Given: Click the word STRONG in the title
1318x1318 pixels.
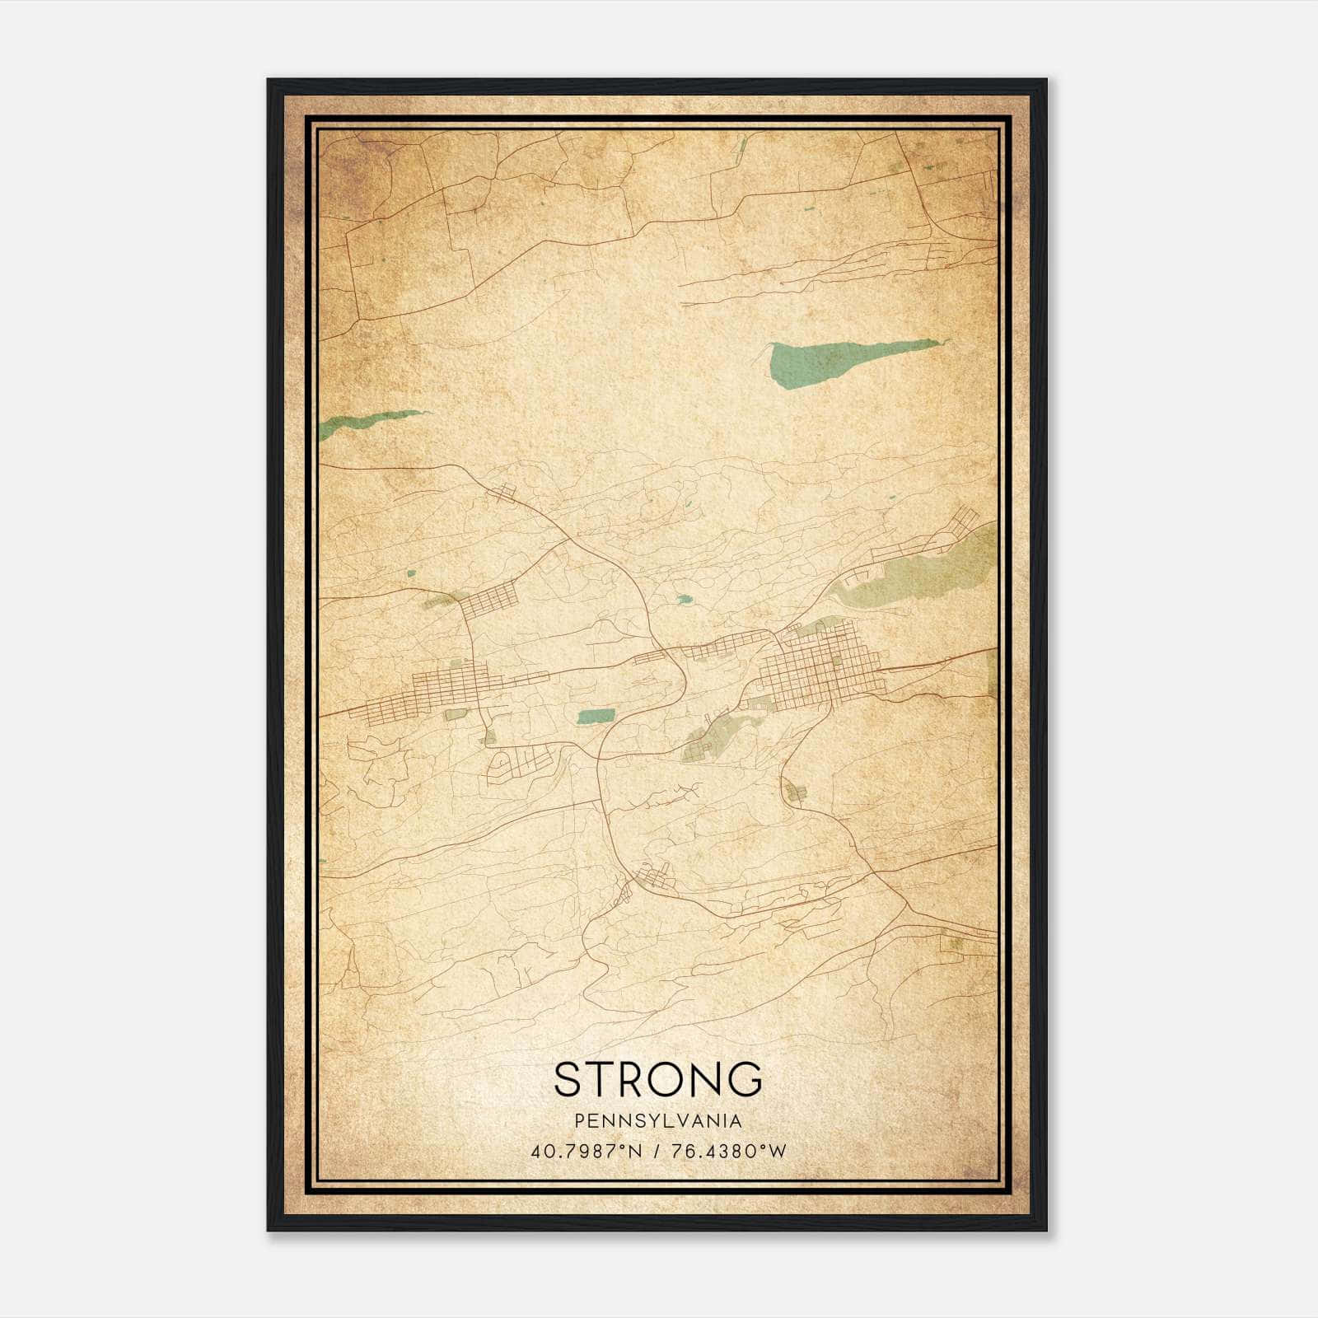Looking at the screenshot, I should click(658, 1079).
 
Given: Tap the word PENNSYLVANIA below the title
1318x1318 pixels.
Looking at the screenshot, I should click(658, 1121).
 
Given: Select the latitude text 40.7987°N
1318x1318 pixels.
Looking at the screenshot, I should click(586, 1151).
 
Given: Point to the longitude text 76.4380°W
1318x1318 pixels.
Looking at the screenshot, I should click(729, 1151).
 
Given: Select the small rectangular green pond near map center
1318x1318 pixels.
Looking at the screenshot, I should click(595, 716).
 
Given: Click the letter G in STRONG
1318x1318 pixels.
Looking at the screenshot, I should click(745, 1079).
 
